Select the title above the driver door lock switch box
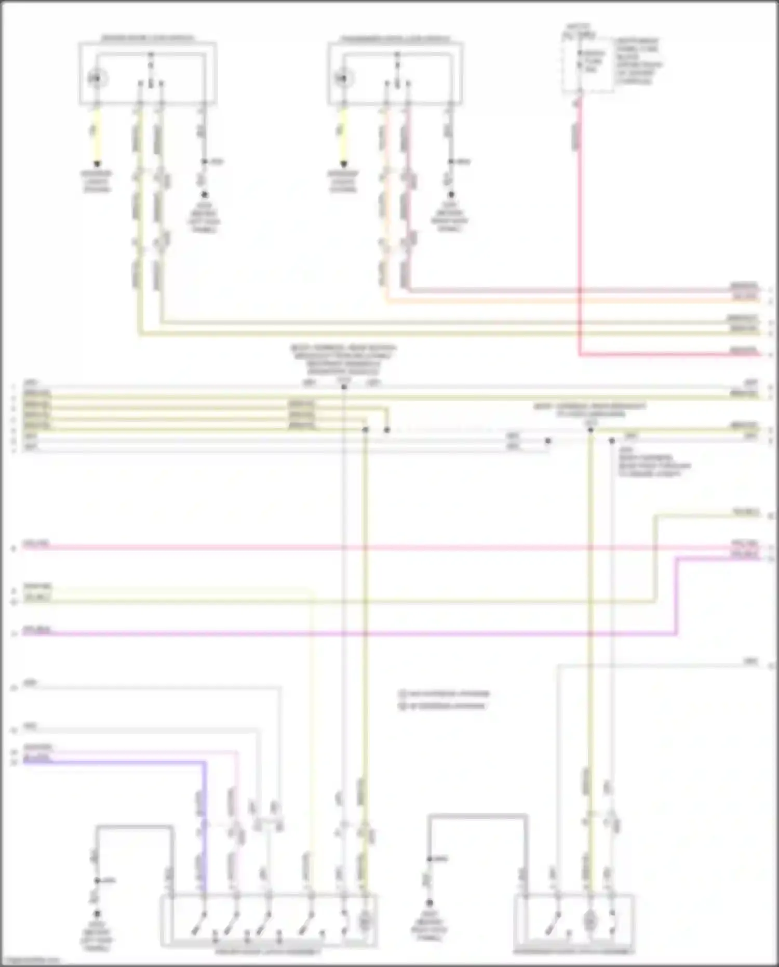click(147, 38)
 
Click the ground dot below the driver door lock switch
click(204, 195)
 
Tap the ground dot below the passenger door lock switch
click(451, 195)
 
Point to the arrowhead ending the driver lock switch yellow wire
click(97, 164)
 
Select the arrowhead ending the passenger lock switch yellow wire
click(343, 164)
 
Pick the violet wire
click(364, 634)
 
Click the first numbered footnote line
click(445, 694)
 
